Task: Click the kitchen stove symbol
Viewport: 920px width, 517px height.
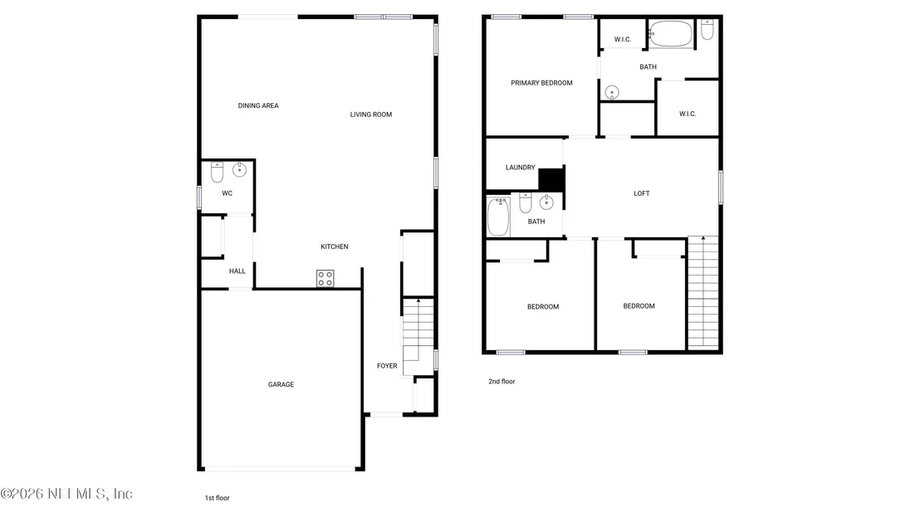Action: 325,279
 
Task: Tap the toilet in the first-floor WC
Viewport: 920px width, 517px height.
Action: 217,172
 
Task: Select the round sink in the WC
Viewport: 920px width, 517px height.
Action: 239,170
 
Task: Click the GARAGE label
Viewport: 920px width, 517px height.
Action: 281,384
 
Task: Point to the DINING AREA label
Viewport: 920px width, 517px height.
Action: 258,105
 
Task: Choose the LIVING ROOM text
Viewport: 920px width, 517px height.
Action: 371,115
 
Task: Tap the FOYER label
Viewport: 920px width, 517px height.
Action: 387,366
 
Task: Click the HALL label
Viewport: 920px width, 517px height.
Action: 237,271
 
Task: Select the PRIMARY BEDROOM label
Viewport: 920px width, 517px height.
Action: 541,83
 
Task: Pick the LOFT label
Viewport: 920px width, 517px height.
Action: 642,193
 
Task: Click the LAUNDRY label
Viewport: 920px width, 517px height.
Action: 521,167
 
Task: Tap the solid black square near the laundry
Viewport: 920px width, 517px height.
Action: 551,180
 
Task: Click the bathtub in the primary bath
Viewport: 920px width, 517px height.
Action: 671,34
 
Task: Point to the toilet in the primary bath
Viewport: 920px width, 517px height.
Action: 707,29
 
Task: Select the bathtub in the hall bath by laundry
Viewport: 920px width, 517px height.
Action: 498,217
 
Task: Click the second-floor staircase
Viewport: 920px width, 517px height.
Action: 703,292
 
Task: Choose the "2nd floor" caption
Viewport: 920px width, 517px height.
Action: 502,381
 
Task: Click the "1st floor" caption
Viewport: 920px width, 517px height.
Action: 217,498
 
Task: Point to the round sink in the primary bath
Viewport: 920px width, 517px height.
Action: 612,93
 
